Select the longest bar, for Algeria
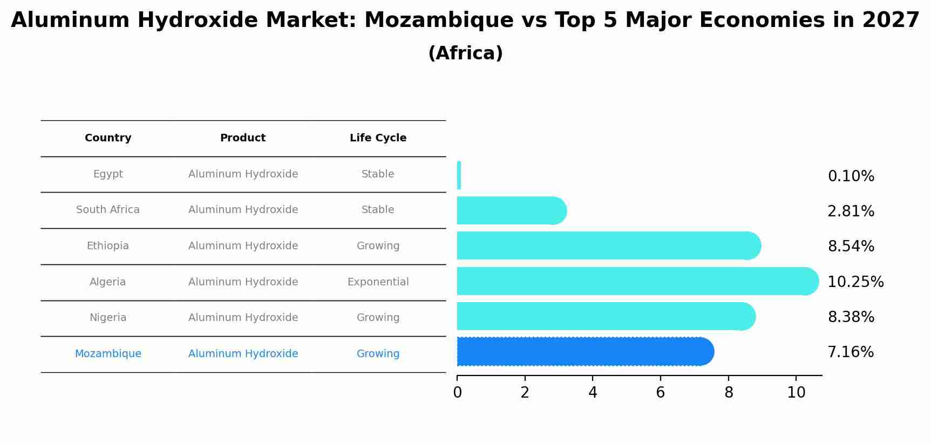coord(637,281)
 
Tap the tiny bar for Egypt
coord(459,175)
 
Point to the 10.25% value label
coord(855,282)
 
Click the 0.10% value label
coord(851,176)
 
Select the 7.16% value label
coord(851,352)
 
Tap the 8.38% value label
coord(851,317)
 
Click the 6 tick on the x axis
coord(660,393)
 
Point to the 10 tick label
coord(796,393)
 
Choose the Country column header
coord(108,138)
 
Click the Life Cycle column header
coord(378,138)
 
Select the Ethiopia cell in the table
coord(108,246)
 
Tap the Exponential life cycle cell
coord(378,282)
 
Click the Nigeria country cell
coord(108,318)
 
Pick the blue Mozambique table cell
coord(108,354)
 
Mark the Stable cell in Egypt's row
coord(378,174)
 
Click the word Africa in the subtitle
coord(465,53)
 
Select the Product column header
coord(243,138)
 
